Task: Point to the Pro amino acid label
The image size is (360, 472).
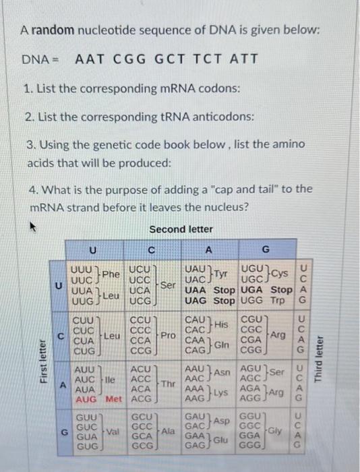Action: click(x=168, y=335)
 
